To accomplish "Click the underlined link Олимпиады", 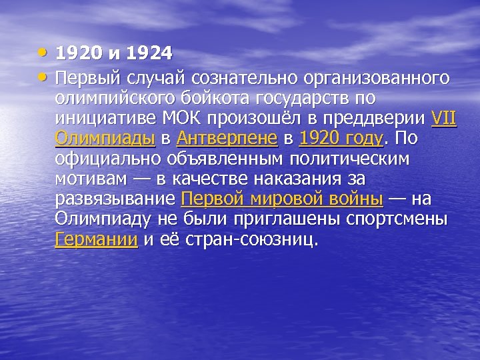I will tap(105, 139).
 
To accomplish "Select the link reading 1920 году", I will tap(342, 139).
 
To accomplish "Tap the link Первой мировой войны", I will tap(282, 199).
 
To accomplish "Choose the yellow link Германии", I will tap(96, 239).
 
